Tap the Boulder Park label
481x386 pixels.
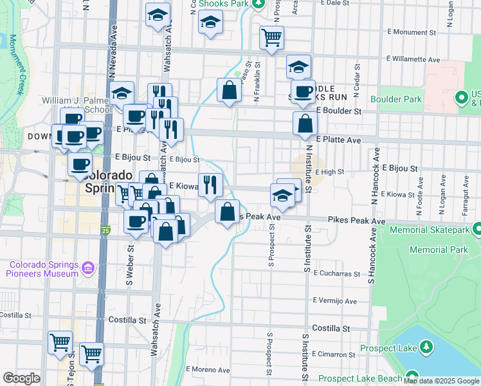click(396, 99)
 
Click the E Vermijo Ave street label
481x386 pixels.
click(334, 300)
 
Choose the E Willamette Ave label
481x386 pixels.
click(409, 60)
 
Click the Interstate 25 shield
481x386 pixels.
click(105, 230)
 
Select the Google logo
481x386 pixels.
click(21, 378)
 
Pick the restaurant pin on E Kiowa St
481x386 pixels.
click(210, 185)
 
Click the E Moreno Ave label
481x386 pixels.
click(208, 370)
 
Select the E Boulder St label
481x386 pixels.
click(339, 111)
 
